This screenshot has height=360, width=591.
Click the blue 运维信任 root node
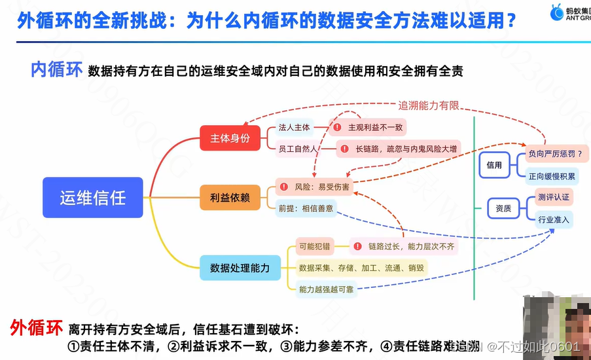[92, 197]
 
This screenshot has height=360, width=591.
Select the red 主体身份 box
[230, 138]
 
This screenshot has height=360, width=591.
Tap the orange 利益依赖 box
[230, 197]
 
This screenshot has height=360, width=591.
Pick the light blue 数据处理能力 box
[240, 267]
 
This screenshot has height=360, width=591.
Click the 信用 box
[494, 165]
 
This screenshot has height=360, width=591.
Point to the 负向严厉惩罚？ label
[554, 154]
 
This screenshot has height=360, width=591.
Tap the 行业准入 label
[553, 219]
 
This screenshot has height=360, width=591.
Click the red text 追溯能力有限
[429, 105]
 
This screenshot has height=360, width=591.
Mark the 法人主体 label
[294, 127]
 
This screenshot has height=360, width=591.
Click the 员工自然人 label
[298, 149]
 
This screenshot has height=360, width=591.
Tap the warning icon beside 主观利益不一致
[338, 127]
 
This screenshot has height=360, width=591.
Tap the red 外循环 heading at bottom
[36, 327]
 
